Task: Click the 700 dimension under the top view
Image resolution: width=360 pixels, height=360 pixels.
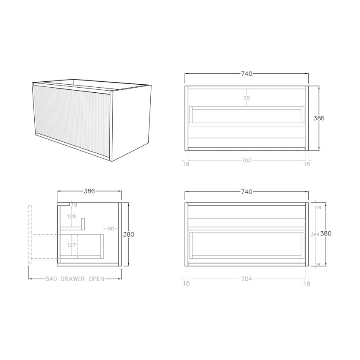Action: point(247,161)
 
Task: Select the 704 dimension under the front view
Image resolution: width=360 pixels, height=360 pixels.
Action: point(247,279)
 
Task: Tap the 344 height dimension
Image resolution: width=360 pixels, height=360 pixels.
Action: point(315,234)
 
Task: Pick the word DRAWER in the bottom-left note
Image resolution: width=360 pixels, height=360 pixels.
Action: point(75,279)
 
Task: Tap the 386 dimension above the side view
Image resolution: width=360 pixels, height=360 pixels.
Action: point(89,191)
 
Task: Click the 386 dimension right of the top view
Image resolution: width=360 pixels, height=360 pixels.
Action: point(319,119)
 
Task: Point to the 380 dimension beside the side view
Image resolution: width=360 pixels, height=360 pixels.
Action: point(129,234)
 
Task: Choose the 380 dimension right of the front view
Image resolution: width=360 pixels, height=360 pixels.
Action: point(326,233)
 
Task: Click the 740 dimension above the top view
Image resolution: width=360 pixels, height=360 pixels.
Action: point(246,74)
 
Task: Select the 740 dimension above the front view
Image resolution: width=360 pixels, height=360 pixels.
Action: point(246,192)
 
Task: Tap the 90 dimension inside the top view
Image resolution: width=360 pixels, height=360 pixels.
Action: point(246,98)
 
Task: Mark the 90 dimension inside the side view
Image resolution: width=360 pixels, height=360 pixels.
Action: point(111,229)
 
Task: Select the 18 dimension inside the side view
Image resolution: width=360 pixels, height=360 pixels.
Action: point(75,205)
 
